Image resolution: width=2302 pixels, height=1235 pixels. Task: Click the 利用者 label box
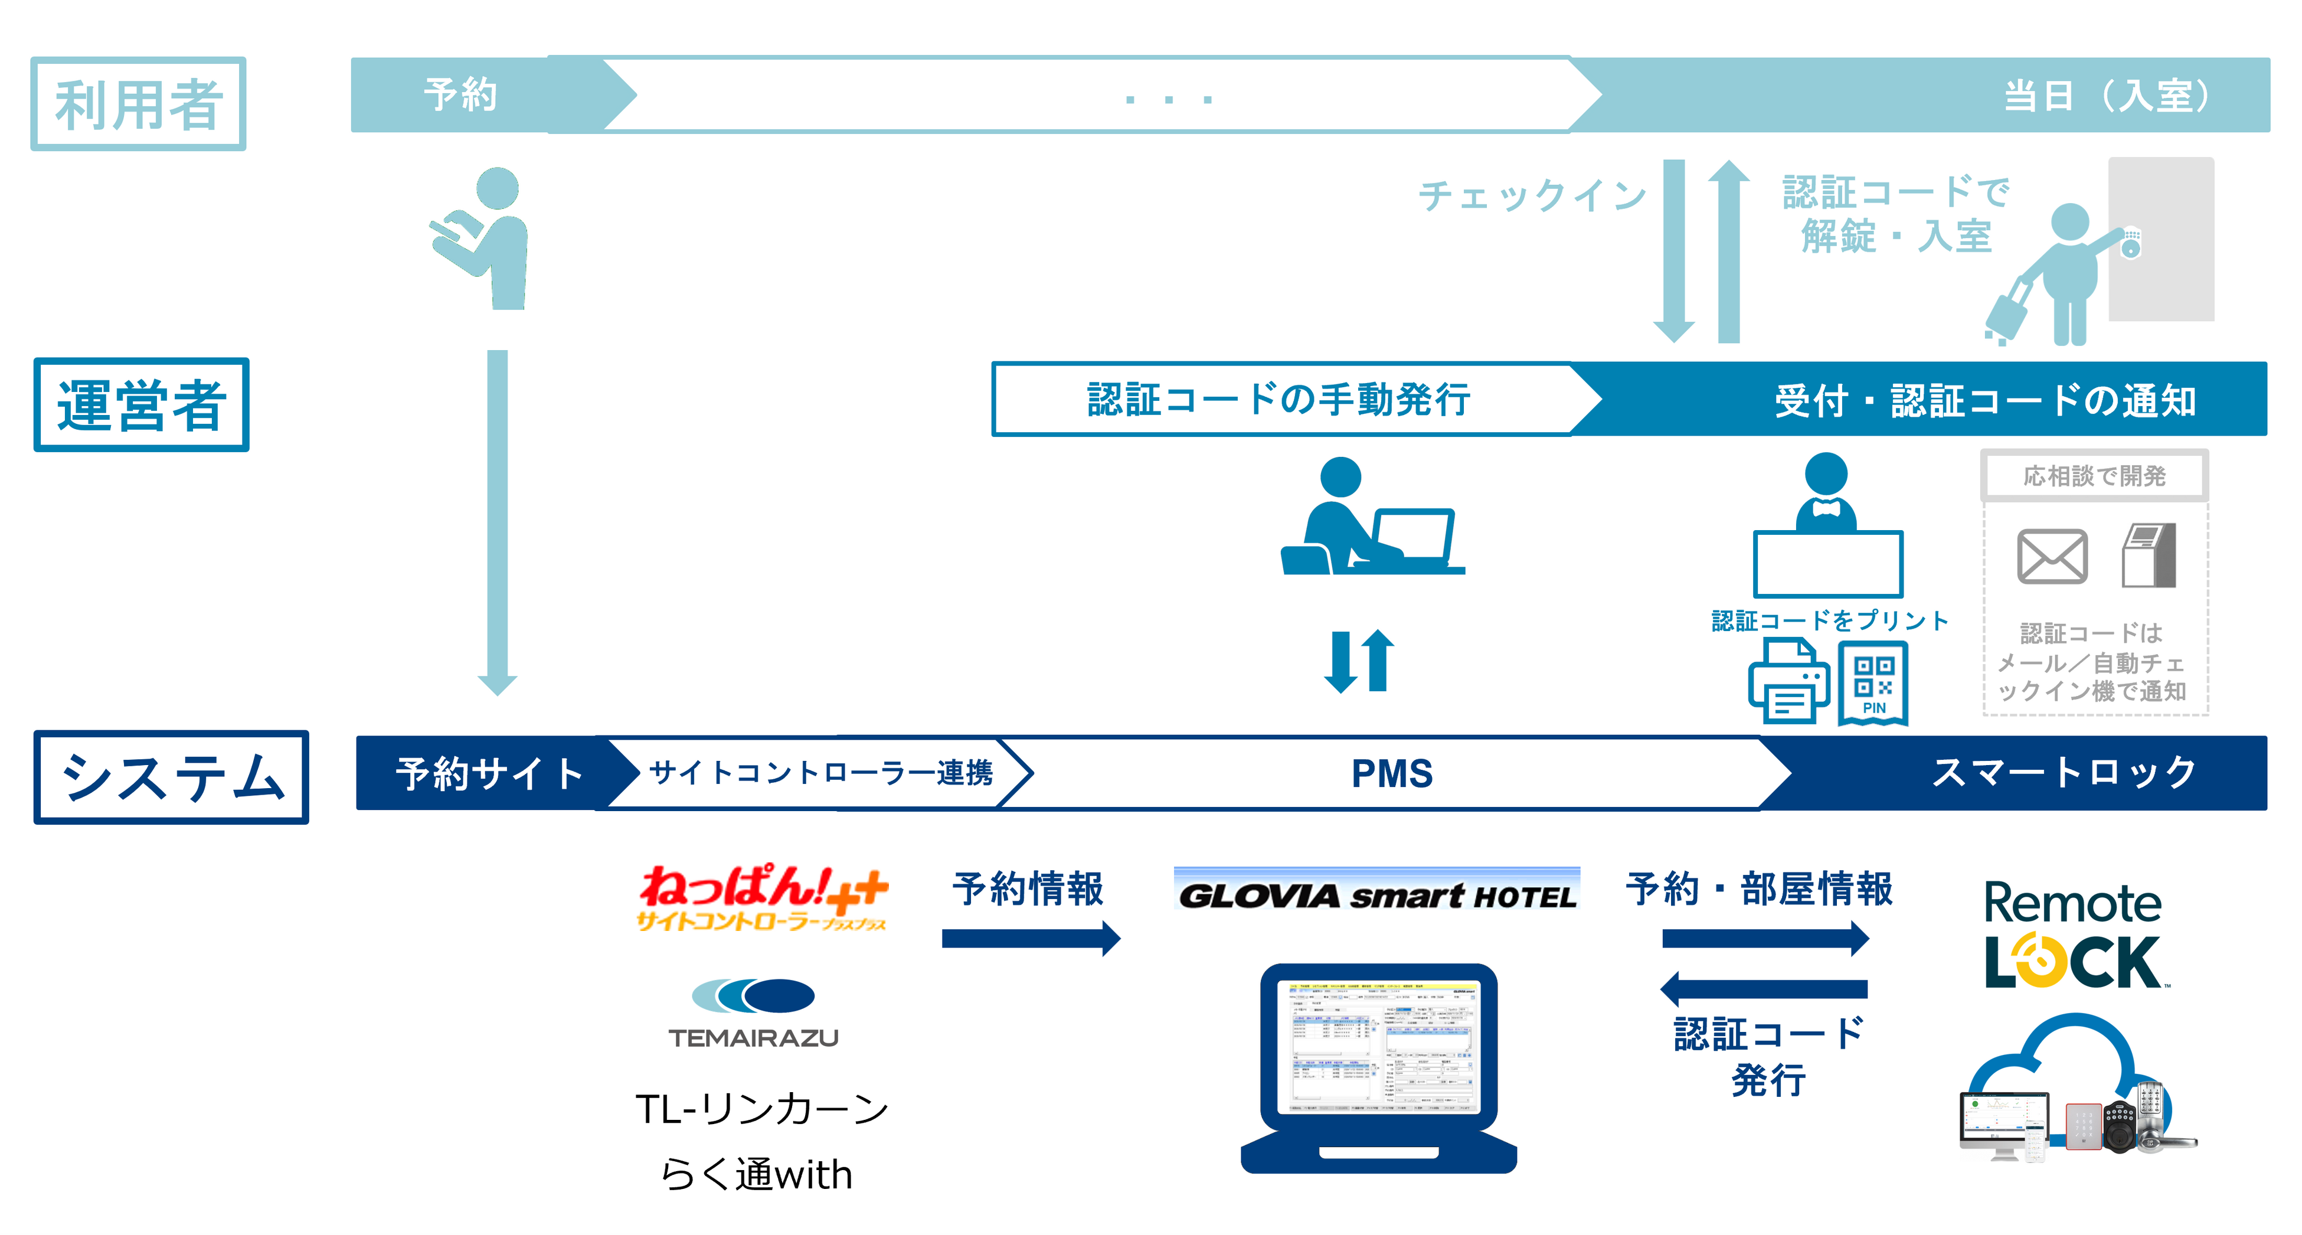(139, 104)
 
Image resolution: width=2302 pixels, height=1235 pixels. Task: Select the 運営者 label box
(141, 405)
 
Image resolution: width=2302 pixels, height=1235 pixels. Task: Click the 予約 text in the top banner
(460, 94)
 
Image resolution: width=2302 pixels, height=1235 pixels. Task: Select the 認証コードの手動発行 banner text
(1278, 400)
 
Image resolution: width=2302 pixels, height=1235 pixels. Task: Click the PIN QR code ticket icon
(1873, 684)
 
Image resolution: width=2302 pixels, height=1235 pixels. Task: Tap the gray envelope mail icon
(2052, 557)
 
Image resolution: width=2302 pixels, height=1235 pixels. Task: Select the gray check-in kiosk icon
(2149, 556)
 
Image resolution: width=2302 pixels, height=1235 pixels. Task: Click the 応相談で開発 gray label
(2094, 475)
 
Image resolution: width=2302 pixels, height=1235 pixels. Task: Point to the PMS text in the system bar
(1391, 773)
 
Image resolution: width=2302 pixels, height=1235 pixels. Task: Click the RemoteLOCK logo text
(2072, 935)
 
